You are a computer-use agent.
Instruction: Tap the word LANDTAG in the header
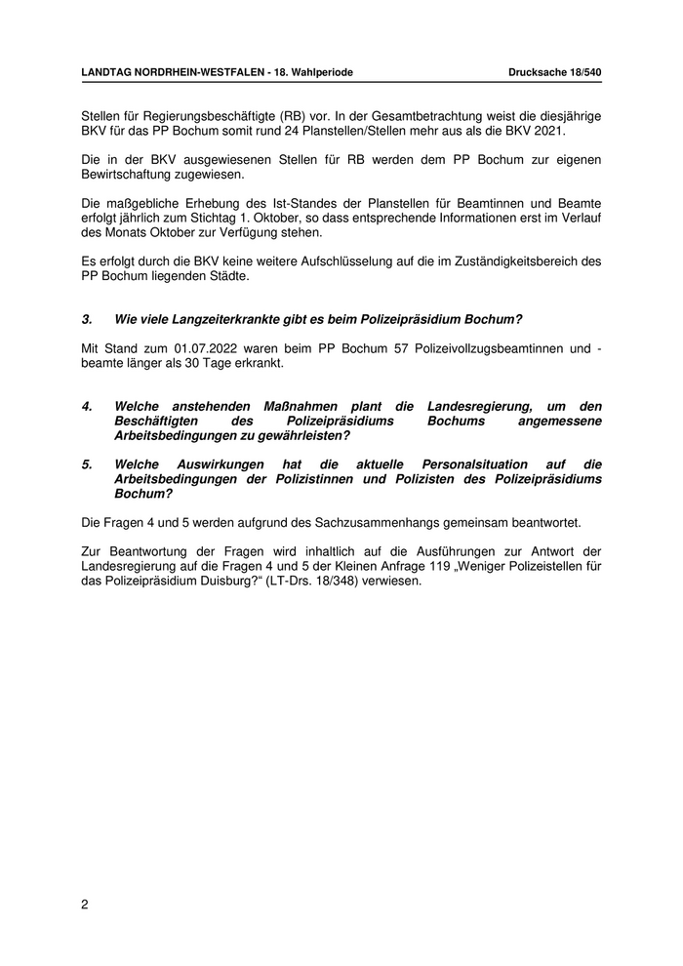(109, 72)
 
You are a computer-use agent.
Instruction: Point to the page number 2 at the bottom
(85, 905)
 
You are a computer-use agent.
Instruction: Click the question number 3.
(87, 319)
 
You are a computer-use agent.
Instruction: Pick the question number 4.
(87, 406)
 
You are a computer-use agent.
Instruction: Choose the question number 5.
(87, 464)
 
